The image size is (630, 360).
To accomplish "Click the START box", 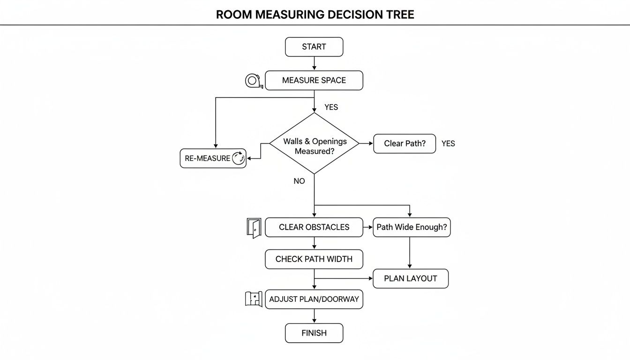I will [314, 47].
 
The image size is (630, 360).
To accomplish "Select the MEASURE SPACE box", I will [314, 80].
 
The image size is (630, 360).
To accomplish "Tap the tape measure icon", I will [253, 81].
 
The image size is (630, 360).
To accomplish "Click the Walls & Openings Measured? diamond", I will [314, 144].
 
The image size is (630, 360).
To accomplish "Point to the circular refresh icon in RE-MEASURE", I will [239, 158].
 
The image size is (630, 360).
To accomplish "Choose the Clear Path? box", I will [405, 143].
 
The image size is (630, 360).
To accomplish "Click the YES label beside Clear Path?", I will [448, 143].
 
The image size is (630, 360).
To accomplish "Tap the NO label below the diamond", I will [299, 181].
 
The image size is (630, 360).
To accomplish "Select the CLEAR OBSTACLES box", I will [314, 227].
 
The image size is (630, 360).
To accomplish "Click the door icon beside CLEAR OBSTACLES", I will [254, 228].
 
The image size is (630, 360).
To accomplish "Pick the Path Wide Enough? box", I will [412, 227].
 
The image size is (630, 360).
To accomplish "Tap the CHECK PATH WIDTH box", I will [314, 259].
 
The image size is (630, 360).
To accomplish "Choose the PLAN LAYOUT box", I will [411, 278].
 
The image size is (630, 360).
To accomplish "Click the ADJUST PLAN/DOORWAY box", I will [314, 299].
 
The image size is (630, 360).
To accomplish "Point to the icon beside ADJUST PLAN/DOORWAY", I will [254, 299].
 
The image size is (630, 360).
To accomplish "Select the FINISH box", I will [314, 333].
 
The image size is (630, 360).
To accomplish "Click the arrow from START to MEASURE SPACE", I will [314, 63].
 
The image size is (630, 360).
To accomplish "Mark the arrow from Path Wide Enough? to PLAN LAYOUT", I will [410, 253].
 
